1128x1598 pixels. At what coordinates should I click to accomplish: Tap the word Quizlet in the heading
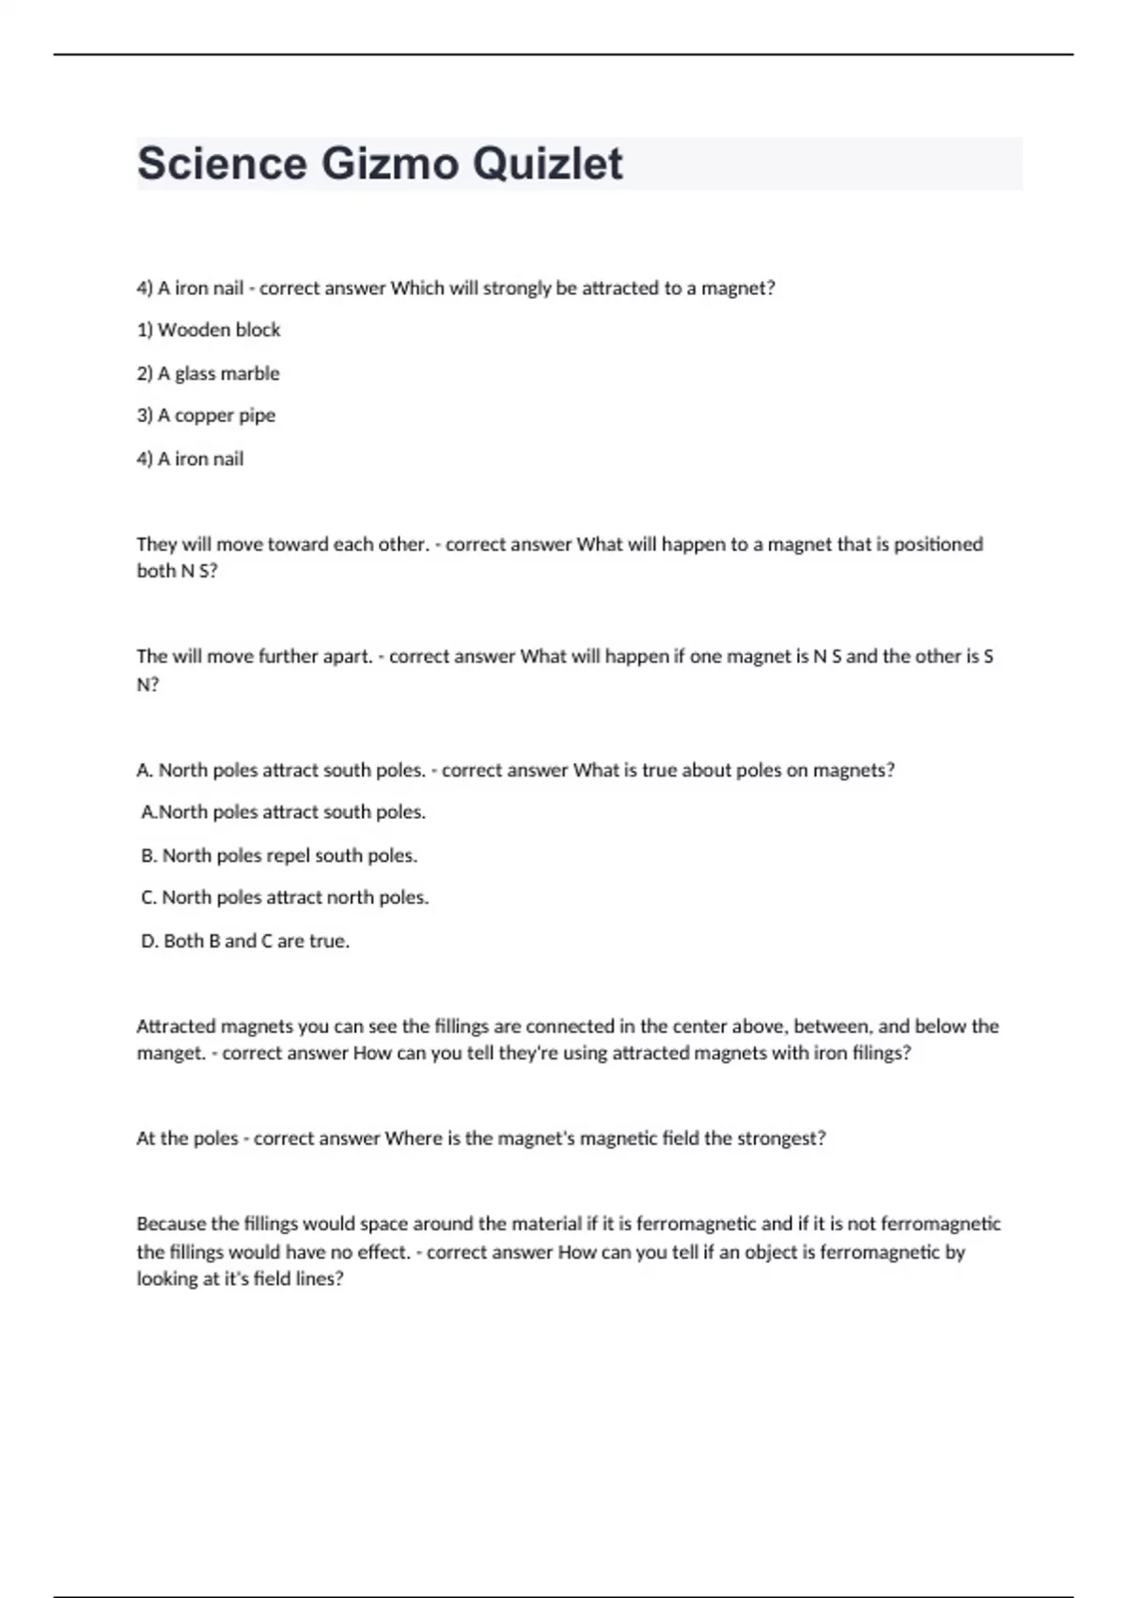click(547, 164)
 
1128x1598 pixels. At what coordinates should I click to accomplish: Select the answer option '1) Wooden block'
click(209, 330)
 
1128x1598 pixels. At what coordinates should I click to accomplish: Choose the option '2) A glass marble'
click(208, 373)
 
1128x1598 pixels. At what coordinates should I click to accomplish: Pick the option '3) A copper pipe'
click(206, 415)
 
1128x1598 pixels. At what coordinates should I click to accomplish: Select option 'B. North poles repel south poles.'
click(279, 855)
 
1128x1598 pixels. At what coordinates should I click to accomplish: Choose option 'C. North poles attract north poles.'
click(285, 898)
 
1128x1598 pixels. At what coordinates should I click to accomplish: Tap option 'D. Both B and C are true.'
click(245, 941)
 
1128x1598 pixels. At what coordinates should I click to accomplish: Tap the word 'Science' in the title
click(222, 164)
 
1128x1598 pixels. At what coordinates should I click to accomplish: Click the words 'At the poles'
click(187, 1138)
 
